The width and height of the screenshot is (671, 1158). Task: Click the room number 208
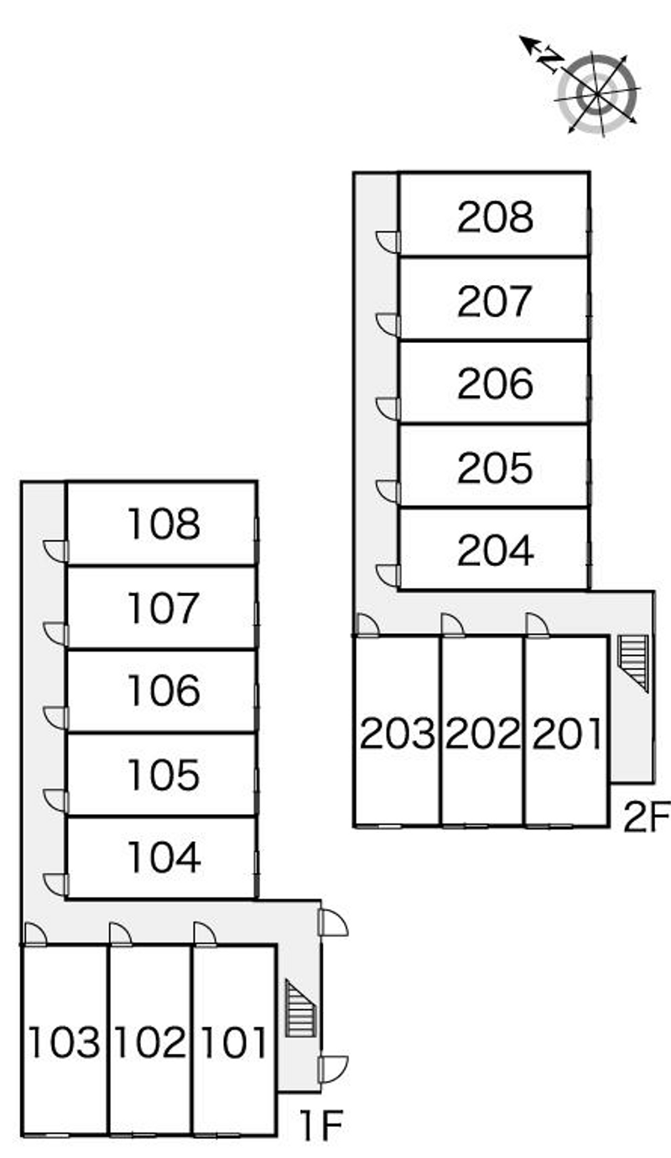pos(495,218)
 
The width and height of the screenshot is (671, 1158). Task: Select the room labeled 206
pos(495,384)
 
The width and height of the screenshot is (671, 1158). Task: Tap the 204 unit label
pos(495,551)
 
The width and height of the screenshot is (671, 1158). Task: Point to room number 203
pos(398,735)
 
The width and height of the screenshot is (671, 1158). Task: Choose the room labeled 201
pos(568,735)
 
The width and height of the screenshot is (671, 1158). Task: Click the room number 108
pos(164,525)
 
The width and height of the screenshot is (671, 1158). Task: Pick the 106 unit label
pos(164,691)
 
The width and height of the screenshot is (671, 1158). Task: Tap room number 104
pos(164,857)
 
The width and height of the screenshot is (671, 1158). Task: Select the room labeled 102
pos(150,1042)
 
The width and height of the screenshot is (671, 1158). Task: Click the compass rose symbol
pos(597,92)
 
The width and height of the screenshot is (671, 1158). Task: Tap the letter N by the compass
pos(549,59)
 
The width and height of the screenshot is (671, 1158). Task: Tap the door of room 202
pos(451,626)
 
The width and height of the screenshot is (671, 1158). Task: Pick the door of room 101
pos(204,933)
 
